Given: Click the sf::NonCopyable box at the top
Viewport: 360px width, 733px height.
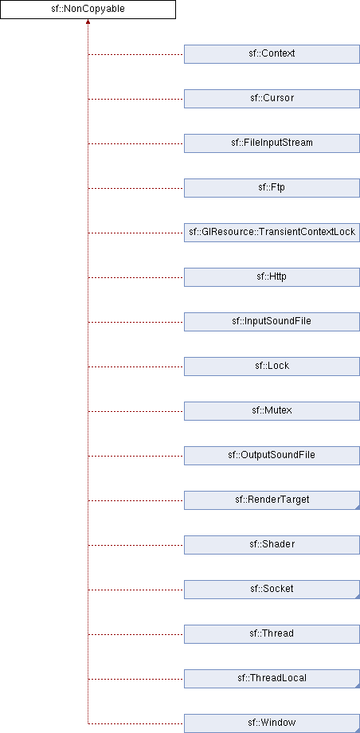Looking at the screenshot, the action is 88,10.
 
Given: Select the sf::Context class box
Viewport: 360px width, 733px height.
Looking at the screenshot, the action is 272,53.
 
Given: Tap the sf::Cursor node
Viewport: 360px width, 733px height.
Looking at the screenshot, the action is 272,99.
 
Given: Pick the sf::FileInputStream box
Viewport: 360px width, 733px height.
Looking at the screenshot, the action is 272,143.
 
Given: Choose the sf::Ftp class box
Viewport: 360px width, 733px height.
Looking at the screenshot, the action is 272,188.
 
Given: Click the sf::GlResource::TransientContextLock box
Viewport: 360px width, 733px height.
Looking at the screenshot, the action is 272,233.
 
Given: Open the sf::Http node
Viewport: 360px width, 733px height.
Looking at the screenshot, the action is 272,277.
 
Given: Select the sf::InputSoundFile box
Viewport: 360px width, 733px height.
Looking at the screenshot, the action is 272,322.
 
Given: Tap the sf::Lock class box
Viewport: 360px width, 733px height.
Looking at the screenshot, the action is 272,366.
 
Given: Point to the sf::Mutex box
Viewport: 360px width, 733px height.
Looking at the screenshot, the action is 272,411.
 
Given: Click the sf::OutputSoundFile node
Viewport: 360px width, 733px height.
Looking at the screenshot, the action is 272,456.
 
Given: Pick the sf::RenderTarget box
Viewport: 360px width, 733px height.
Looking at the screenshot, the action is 272,500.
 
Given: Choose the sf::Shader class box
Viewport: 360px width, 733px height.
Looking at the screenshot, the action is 272,545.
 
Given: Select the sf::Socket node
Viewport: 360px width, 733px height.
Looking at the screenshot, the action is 272,590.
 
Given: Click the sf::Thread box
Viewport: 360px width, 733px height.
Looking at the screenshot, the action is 272,634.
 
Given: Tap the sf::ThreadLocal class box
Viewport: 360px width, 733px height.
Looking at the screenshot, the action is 272,679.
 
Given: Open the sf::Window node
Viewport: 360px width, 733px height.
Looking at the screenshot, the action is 272,723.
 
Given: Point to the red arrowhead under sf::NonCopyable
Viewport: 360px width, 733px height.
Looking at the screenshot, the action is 88,22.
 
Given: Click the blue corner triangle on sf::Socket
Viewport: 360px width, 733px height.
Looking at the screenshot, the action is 358,597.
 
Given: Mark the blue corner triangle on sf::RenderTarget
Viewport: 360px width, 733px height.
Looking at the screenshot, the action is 358,508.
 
